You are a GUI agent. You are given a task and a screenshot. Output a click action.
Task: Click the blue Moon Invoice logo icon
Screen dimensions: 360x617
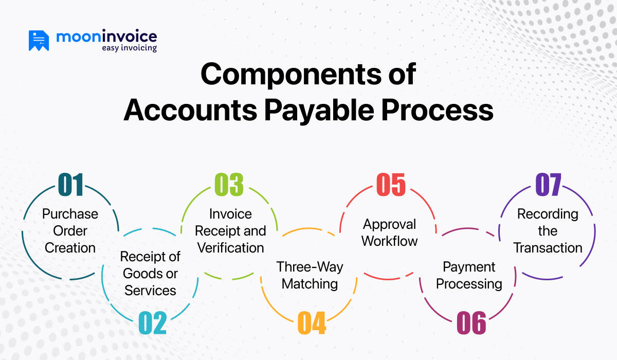click(x=39, y=41)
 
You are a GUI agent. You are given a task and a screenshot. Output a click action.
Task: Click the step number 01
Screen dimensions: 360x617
click(x=70, y=185)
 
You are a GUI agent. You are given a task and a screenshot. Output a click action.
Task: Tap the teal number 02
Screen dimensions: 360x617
click(x=153, y=323)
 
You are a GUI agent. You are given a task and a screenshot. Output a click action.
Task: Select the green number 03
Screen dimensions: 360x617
click(x=229, y=185)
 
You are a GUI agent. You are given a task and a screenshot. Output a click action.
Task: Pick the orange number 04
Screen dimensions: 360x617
click(x=312, y=323)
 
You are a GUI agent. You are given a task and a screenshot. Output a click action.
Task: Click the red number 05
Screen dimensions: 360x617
click(x=391, y=185)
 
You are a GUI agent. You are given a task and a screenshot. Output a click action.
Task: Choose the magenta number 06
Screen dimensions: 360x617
click(x=471, y=323)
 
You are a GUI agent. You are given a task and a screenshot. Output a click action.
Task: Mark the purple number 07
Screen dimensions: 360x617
click(x=548, y=185)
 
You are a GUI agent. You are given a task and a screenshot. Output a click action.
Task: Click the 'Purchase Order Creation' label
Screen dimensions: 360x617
click(x=70, y=230)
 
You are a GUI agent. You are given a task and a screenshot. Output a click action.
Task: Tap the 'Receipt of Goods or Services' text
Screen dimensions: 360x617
click(x=150, y=273)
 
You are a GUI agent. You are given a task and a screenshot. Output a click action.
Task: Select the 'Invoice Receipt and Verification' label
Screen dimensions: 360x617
click(x=230, y=230)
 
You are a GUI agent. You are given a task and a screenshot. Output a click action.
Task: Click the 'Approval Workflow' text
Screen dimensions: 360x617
click(x=390, y=232)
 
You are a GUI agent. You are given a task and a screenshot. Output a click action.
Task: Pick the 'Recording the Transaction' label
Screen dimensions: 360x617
click(x=548, y=230)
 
